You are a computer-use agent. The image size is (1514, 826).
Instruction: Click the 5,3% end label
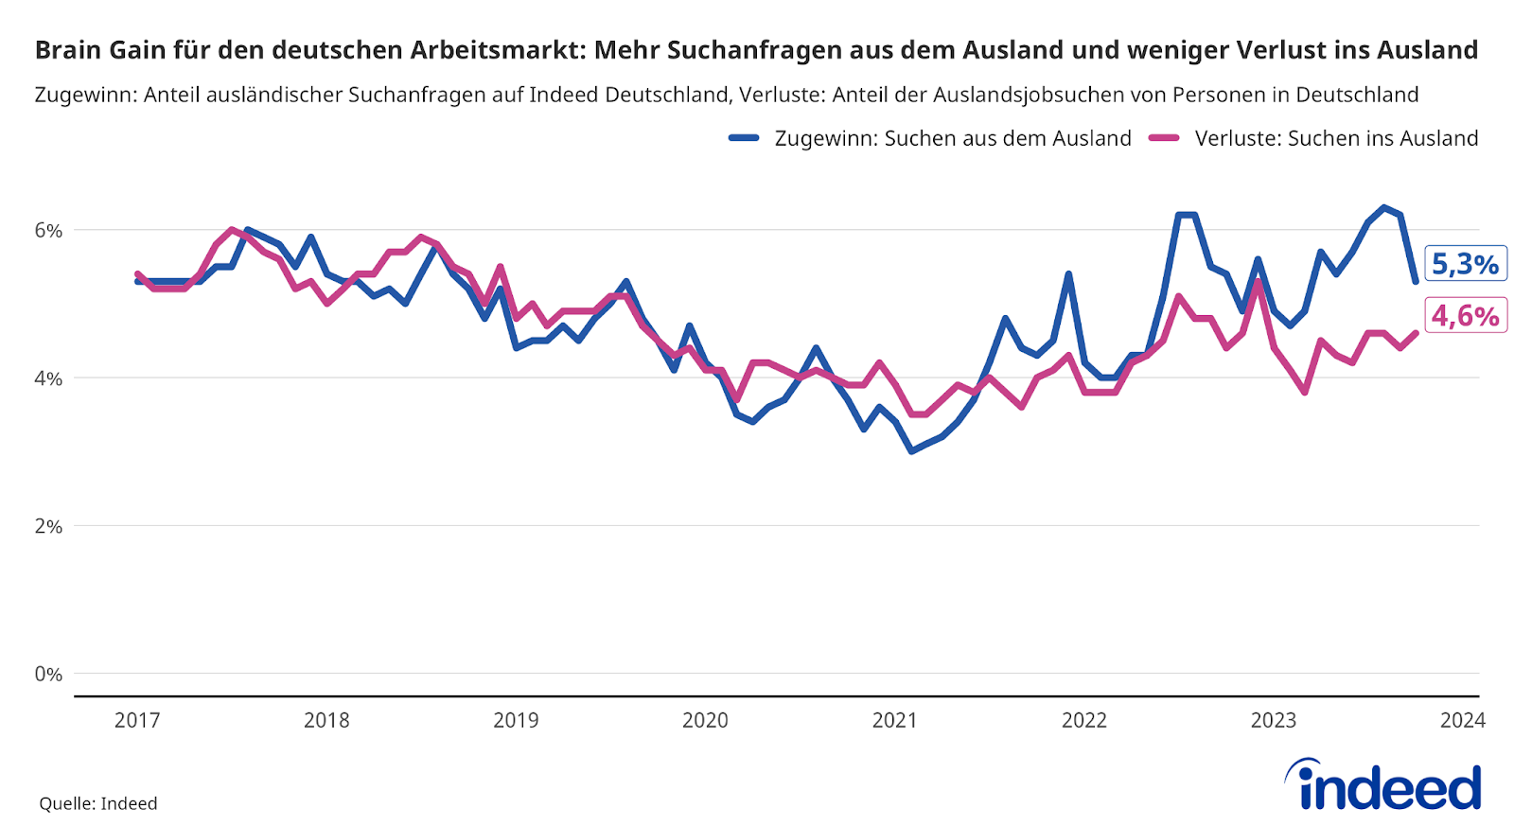(x=1465, y=264)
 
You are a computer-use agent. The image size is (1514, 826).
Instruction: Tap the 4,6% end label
(x=1465, y=315)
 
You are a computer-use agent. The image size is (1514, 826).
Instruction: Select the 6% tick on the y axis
(x=48, y=230)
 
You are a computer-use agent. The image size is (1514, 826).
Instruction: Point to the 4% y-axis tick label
(x=48, y=378)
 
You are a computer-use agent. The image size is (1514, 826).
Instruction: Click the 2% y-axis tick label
(x=48, y=526)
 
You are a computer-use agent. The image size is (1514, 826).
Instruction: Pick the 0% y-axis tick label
(x=48, y=674)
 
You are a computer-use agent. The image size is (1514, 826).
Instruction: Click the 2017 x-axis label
(x=137, y=720)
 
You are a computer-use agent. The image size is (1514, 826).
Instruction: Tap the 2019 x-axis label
(x=516, y=720)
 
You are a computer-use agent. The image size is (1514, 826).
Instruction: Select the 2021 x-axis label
(x=894, y=720)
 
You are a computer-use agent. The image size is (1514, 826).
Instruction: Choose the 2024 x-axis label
(x=1462, y=720)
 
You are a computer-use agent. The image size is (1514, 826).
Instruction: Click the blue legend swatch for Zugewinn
(x=744, y=138)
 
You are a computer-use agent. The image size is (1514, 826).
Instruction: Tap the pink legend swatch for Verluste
(x=1164, y=138)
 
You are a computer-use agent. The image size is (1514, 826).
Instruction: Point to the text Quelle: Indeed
(x=98, y=803)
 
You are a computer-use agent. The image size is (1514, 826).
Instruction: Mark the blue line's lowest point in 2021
(x=911, y=451)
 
